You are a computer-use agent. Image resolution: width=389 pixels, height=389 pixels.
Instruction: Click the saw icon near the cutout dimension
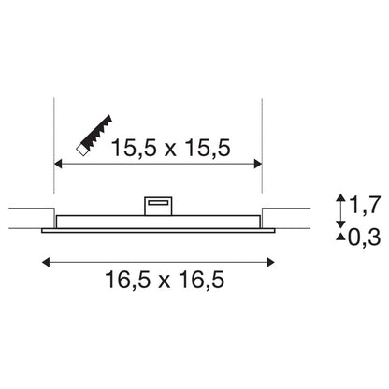pos(94,135)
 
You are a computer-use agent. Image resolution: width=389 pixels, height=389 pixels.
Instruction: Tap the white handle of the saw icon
pos(82,150)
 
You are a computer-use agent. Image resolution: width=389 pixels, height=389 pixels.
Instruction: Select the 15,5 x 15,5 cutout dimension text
pos(171,148)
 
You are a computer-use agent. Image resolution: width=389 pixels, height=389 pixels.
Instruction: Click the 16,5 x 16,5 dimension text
pos(165,279)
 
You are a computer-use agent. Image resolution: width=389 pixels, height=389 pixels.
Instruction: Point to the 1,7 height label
pos(366,205)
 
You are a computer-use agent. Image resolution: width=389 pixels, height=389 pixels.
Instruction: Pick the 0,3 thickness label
pos(364,238)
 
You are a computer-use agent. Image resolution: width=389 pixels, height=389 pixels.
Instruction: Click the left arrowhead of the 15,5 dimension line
pos(58,164)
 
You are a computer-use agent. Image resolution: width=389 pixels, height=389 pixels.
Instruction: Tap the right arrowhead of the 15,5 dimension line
pos(258,164)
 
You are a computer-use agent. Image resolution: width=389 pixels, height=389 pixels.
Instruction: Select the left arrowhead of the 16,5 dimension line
pos(46,262)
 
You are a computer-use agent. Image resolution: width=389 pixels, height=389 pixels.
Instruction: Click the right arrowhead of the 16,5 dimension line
pos(270,262)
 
